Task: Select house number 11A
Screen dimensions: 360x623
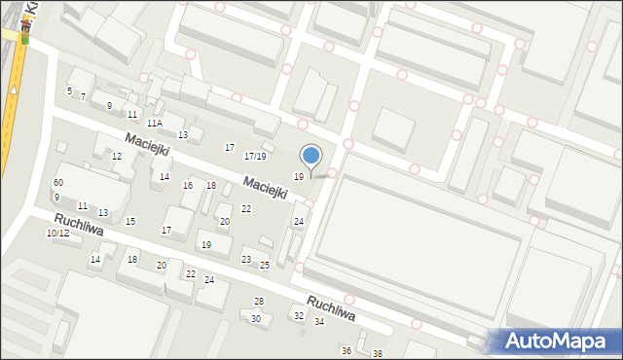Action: click(x=155, y=124)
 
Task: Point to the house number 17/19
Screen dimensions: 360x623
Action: click(x=255, y=156)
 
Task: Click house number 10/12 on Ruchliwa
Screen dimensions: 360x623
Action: click(x=57, y=234)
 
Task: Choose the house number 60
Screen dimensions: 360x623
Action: click(x=58, y=183)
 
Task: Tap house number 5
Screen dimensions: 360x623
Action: click(x=69, y=90)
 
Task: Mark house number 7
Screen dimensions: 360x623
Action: click(x=83, y=96)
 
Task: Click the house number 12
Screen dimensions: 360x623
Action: click(x=116, y=156)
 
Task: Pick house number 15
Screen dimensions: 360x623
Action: click(x=130, y=221)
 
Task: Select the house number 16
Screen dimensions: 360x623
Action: click(x=188, y=185)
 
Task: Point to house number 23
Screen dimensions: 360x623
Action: click(x=246, y=259)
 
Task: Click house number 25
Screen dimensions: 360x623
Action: click(x=264, y=265)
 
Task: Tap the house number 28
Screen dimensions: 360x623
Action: click(x=259, y=301)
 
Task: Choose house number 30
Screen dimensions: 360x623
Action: click(x=256, y=318)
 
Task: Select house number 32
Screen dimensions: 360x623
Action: click(x=299, y=315)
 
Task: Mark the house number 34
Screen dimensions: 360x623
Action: click(x=319, y=321)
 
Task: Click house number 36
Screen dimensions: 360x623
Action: click(x=346, y=349)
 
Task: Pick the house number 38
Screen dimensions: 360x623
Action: click(x=378, y=353)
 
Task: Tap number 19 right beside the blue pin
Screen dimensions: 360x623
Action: click(x=299, y=175)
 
